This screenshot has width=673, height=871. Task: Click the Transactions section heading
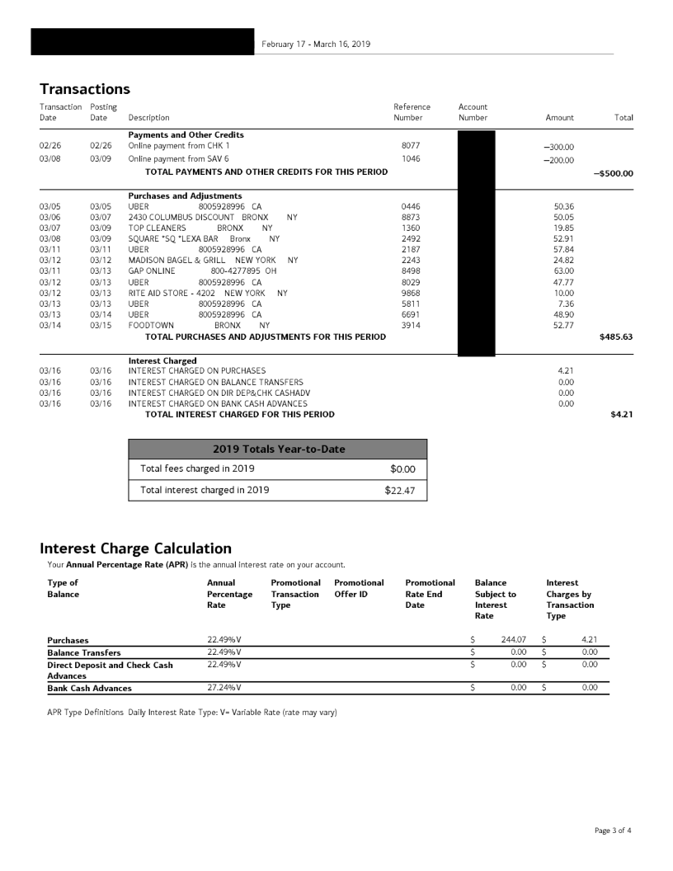click(85, 88)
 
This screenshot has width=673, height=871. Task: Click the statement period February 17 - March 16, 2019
click(316, 44)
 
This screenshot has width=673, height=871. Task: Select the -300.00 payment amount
click(558, 147)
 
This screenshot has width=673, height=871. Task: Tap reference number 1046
click(410, 158)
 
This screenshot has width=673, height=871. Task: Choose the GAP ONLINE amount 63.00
click(563, 270)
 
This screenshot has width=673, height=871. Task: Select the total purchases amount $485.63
click(615, 337)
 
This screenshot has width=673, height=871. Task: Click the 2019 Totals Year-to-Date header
click(278, 449)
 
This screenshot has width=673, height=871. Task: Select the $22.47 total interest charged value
click(400, 491)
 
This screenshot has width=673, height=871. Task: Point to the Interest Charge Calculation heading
click(135, 548)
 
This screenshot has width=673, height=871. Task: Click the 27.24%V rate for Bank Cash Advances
click(224, 688)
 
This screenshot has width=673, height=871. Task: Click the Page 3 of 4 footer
click(613, 830)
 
